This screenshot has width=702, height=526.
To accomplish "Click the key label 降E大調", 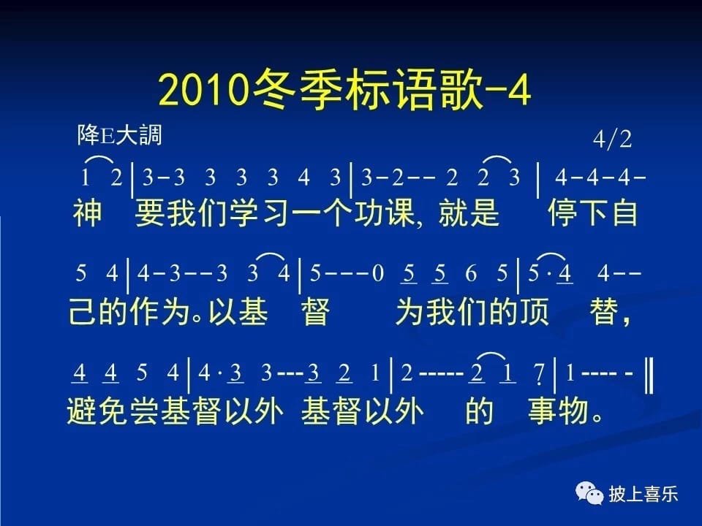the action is pyautogui.click(x=119, y=134).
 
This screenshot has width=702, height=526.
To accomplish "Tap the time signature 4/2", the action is pyautogui.click(x=612, y=139).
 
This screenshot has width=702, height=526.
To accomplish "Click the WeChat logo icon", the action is pyautogui.click(x=589, y=494).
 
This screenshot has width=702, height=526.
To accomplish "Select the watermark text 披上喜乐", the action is pyautogui.click(x=643, y=495).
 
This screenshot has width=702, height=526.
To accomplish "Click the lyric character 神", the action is pyautogui.click(x=87, y=213).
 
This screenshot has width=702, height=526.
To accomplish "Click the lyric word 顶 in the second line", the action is pyautogui.click(x=534, y=311).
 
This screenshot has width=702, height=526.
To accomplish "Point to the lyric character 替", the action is pyautogui.click(x=605, y=311).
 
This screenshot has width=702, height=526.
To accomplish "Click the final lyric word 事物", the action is pyautogui.click(x=558, y=411).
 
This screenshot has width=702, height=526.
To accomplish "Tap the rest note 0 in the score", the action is pyautogui.click(x=378, y=272).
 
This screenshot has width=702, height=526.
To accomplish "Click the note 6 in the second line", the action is pyautogui.click(x=471, y=272).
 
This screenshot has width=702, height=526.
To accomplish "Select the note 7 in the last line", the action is pyautogui.click(x=540, y=373).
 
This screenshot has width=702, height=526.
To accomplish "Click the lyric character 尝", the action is pyautogui.click(x=144, y=411).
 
